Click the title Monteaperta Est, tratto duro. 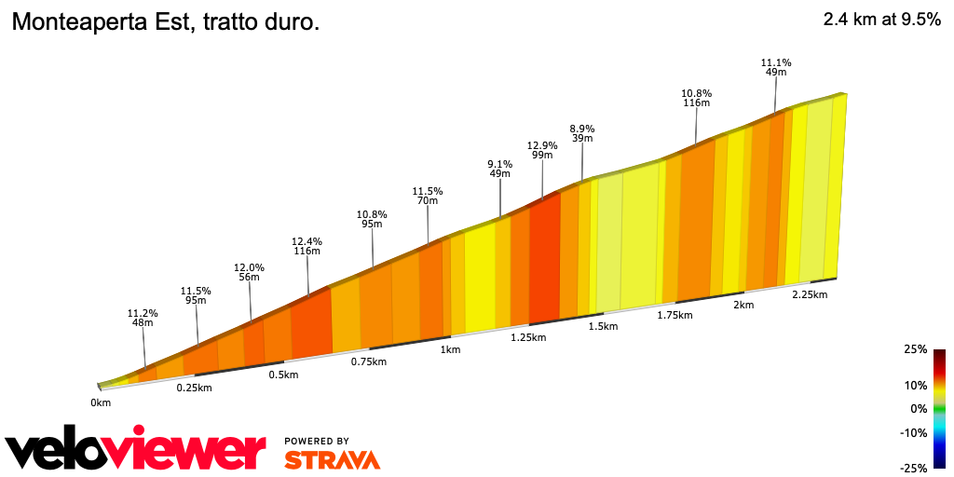click(165, 22)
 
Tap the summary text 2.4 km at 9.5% click(881, 20)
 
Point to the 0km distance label click(101, 402)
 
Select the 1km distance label click(450, 349)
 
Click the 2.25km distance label click(809, 294)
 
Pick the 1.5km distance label click(604, 326)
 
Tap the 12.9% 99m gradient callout click(542, 151)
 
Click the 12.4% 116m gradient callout click(307, 247)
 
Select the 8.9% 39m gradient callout click(582, 133)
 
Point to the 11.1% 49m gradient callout click(776, 67)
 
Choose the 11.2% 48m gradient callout click(143, 319)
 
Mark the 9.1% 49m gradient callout click(500, 169)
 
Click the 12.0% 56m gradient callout click(249, 272)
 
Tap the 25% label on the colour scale click(915, 349)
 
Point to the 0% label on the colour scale click(919, 408)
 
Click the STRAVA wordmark click(332, 459)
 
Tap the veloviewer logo click(136, 451)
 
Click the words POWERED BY click(317, 441)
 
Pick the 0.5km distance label click(283, 375)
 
